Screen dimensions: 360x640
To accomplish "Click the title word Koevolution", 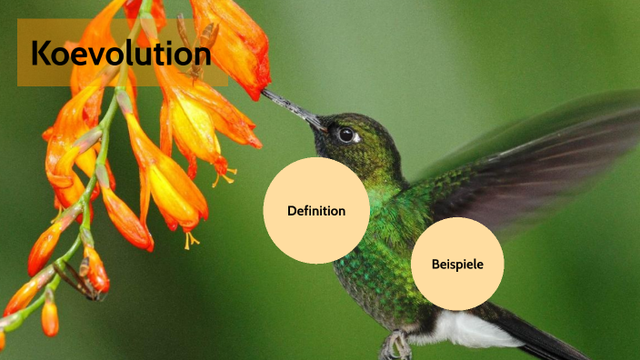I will pos(120,54).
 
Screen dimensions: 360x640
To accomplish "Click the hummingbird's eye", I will pos(345,134).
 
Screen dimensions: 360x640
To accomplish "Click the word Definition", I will pos(316,211).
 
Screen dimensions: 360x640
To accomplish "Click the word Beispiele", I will pos(457,265).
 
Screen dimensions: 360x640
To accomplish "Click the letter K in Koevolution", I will pos(41,54).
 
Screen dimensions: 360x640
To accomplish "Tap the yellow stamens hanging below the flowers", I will pos(191,239).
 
